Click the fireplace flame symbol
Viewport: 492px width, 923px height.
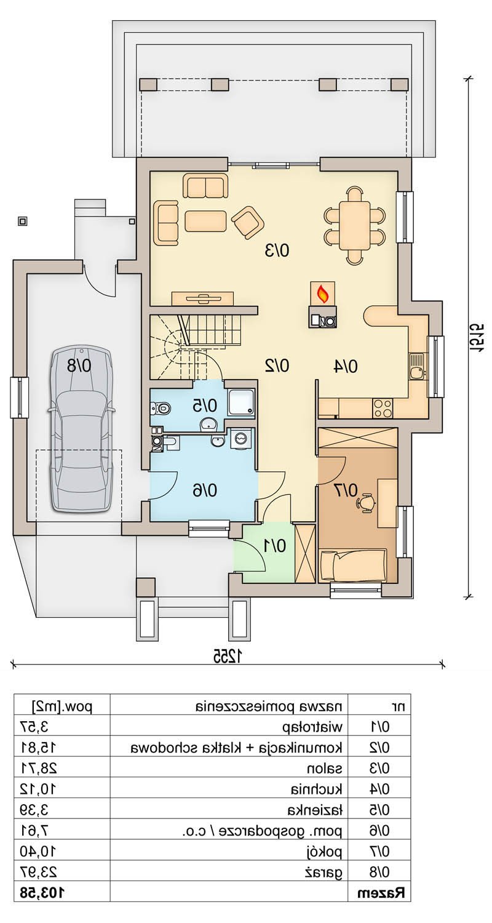(x=322, y=294)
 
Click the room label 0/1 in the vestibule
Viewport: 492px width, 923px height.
(x=274, y=546)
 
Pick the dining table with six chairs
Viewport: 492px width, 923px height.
(x=354, y=226)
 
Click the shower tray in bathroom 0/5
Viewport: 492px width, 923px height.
(x=241, y=403)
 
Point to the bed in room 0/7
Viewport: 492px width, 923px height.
(x=353, y=564)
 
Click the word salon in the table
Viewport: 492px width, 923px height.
(x=325, y=769)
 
